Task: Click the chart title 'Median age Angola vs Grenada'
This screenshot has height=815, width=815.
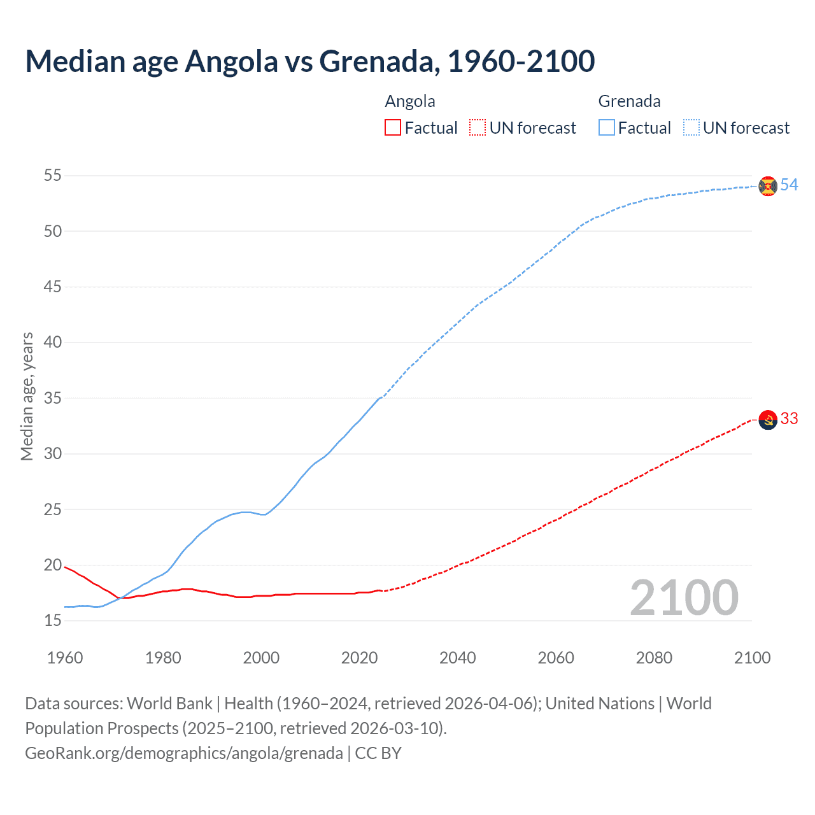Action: pos(309,62)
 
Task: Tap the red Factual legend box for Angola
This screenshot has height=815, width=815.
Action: pos(393,128)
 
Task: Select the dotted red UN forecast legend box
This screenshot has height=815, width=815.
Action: pos(478,128)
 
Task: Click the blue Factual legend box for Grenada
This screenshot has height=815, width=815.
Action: pos(607,128)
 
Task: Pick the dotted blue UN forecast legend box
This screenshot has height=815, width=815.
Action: pos(691,128)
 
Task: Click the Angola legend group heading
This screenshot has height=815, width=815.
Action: pos(410,101)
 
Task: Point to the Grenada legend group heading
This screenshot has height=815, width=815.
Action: pos(629,101)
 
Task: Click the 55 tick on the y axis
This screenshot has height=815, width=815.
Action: pos(53,175)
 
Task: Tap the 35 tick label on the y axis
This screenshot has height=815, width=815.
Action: pos(53,399)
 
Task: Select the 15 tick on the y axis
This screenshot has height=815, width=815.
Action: pos(53,621)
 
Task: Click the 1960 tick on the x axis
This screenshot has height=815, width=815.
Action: pos(65,658)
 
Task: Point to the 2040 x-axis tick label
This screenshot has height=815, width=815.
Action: pos(458,658)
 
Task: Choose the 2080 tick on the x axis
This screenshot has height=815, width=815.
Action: pos(654,658)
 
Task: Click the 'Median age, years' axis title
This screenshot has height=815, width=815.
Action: pos(27,396)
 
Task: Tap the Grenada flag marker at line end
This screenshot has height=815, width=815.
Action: pos(768,186)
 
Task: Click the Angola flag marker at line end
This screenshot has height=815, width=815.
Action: pos(768,420)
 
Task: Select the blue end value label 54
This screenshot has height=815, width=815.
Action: pos(789,185)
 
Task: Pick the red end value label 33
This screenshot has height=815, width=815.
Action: pos(789,419)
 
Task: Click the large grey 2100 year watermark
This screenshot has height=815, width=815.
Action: pos(684,598)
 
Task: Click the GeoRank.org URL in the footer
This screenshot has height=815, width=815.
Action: pos(184,753)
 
